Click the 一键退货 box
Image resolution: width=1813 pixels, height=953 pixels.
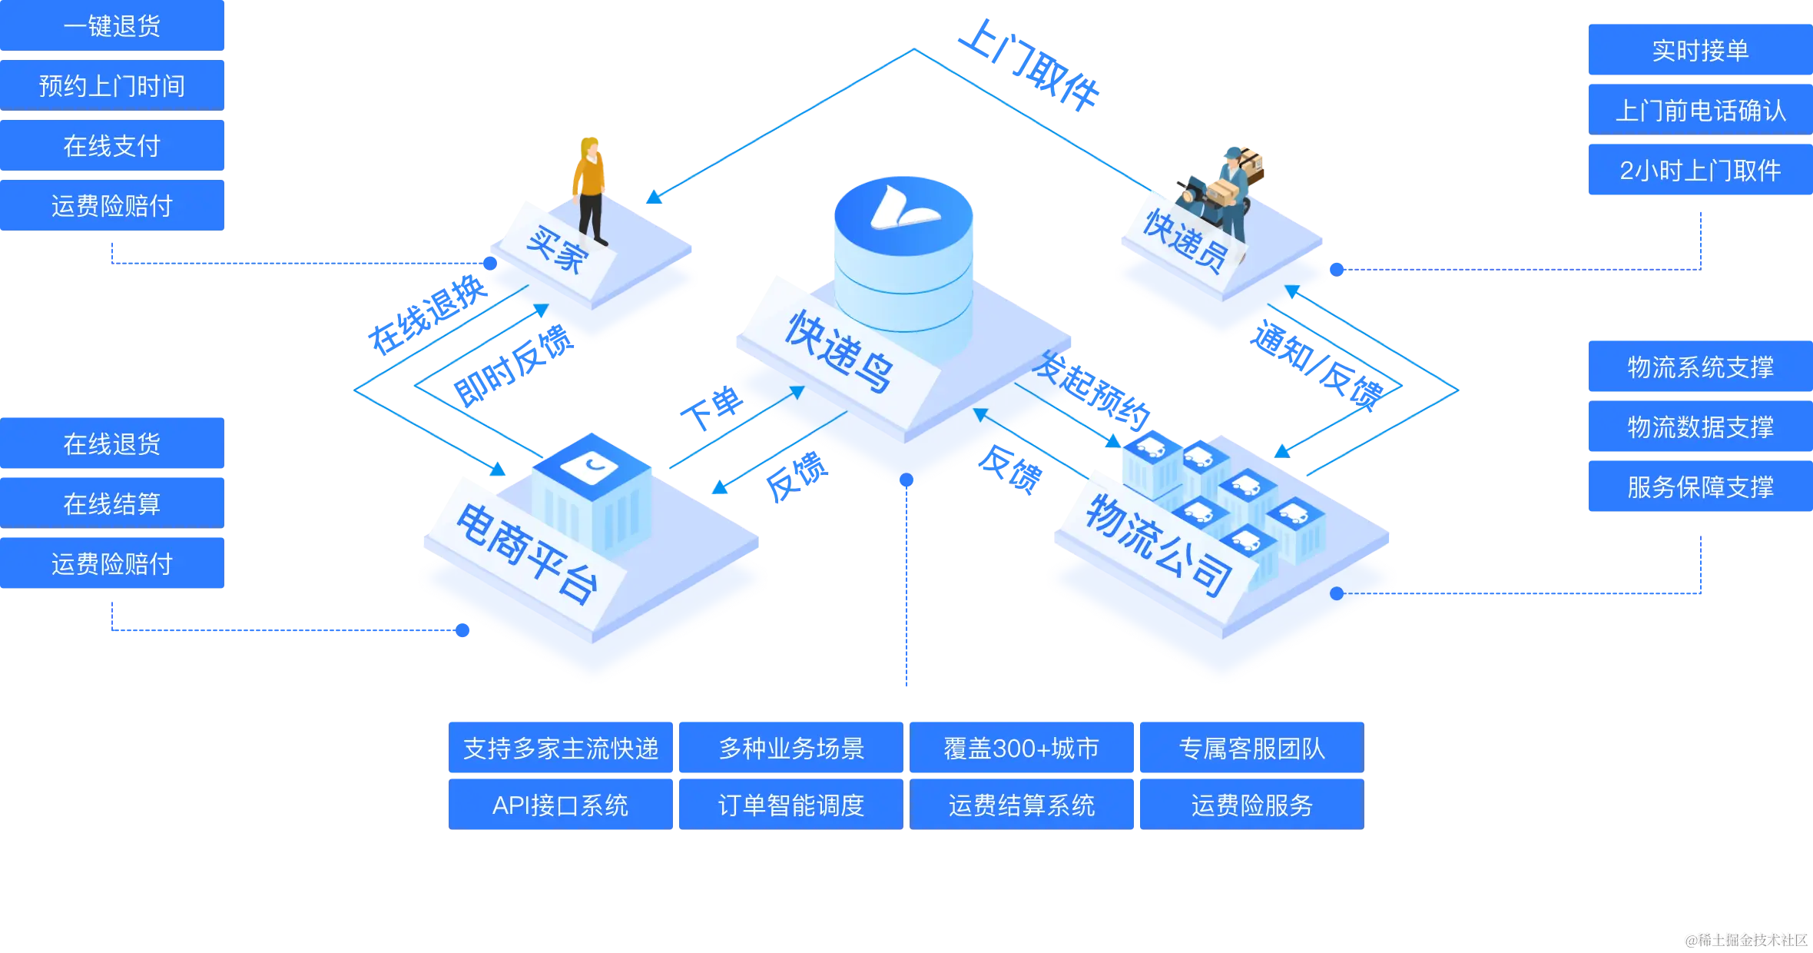112,26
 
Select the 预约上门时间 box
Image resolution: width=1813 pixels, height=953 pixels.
112,85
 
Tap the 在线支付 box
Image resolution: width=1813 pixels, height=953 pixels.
112,145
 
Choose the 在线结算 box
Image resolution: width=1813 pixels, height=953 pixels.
112,503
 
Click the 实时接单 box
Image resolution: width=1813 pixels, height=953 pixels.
1699,51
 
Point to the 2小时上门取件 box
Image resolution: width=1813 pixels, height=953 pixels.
1699,170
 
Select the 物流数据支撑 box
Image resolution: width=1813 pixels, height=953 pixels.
1699,427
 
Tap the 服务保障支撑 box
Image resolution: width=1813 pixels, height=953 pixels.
1699,486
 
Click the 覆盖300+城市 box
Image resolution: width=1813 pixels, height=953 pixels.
1021,748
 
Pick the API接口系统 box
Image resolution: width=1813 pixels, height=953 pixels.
560,805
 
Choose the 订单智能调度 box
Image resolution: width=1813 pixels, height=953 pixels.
790,805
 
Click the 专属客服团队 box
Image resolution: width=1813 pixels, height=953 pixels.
1251,748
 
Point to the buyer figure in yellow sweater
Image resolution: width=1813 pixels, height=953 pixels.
590,188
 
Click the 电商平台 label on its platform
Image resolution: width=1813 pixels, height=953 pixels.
527,553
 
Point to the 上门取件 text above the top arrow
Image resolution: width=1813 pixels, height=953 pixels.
1029,65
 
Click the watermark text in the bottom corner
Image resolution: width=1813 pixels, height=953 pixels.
1745,938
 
